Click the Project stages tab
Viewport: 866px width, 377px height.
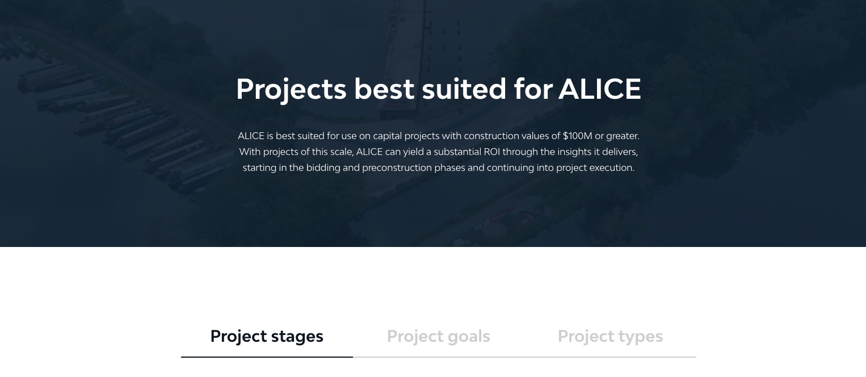(x=267, y=336)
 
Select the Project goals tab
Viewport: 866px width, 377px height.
(x=438, y=336)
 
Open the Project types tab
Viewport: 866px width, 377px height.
(x=610, y=336)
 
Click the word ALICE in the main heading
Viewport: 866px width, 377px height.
(x=599, y=89)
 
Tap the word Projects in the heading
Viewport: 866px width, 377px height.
(x=291, y=89)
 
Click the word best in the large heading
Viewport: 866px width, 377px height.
(x=384, y=89)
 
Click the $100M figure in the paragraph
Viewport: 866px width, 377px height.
(x=577, y=136)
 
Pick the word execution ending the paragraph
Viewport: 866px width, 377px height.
(x=613, y=168)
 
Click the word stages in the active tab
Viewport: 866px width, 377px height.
(x=297, y=336)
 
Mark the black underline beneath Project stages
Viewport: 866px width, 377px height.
(x=267, y=357)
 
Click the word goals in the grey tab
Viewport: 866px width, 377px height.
(x=468, y=336)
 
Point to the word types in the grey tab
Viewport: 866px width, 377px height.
(x=640, y=336)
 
